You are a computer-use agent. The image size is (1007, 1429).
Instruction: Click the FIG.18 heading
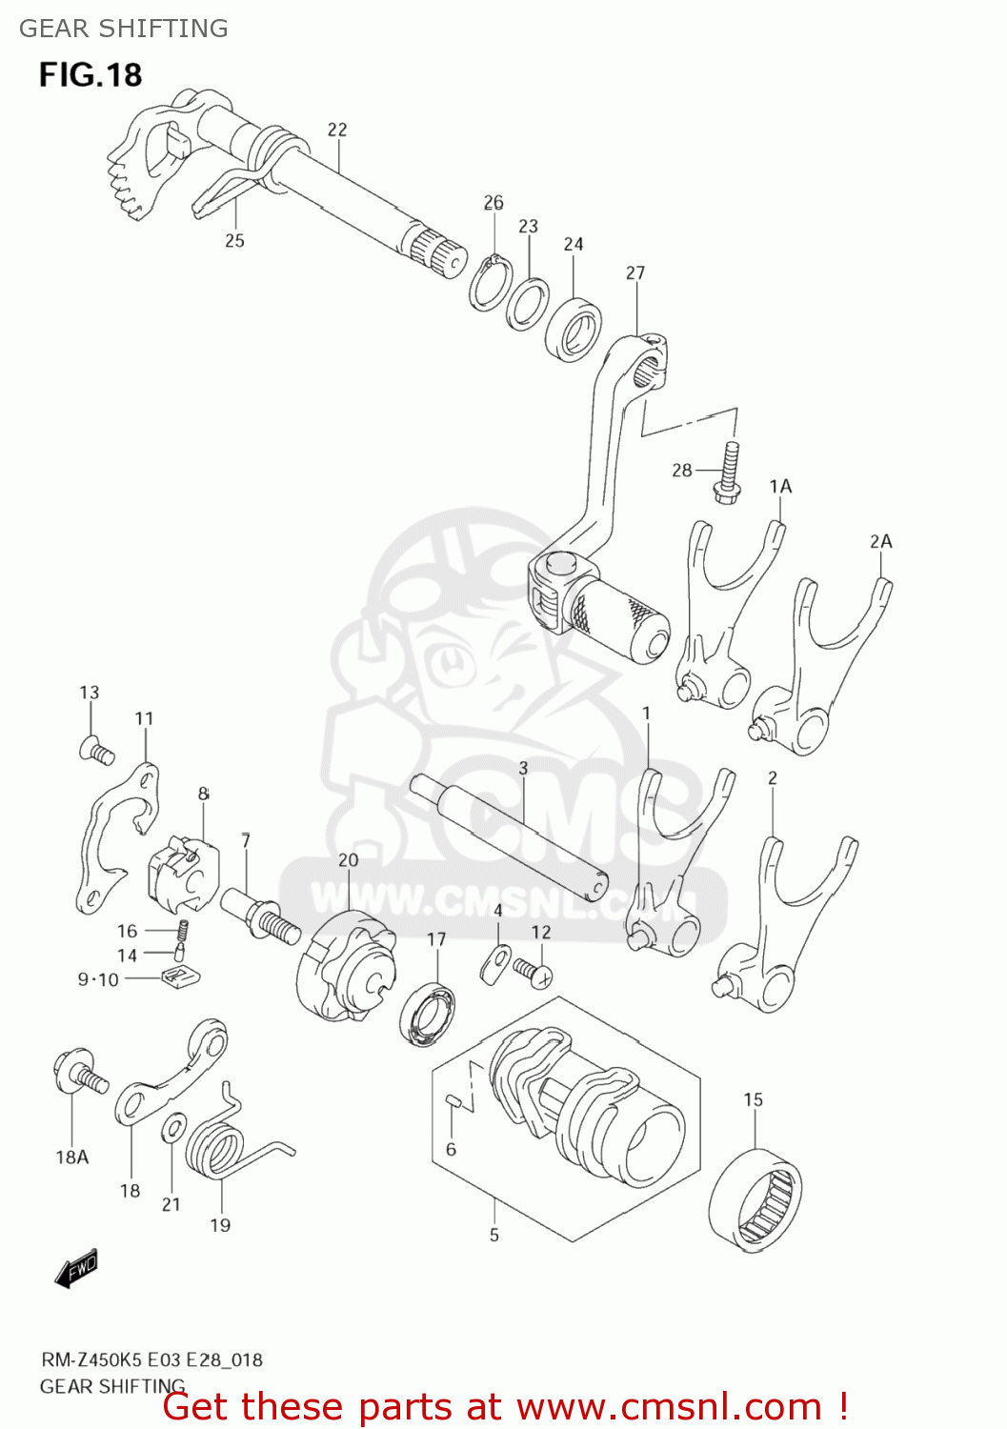[x=91, y=74]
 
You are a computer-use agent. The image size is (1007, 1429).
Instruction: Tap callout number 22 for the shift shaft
[x=337, y=130]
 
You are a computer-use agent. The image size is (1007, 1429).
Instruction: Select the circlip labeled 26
[x=490, y=282]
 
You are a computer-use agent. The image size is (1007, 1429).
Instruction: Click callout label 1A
[x=780, y=487]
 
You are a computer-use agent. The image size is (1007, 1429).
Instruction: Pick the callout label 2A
[x=880, y=542]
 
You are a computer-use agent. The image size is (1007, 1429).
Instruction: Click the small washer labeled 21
[x=173, y=1129]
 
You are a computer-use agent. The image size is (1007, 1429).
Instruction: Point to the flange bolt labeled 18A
[x=79, y=1073]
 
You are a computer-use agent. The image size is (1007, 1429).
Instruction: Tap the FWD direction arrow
[x=76, y=1270]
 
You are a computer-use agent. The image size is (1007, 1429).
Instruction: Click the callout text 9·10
[x=98, y=979]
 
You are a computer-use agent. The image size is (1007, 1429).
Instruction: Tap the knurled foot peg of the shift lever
[x=619, y=619]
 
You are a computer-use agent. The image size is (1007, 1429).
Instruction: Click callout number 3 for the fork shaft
[x=523, y=768]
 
